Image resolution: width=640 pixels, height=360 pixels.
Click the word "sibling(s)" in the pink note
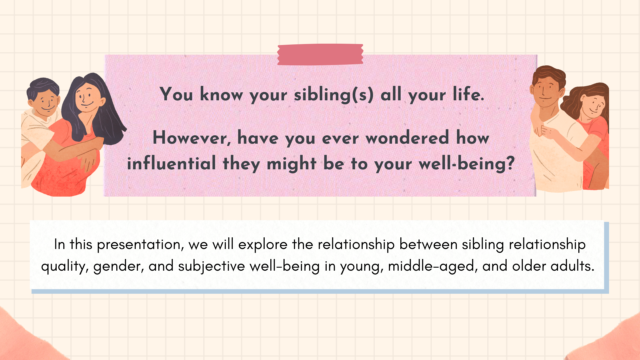point(334,95)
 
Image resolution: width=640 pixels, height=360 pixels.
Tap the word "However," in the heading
point(192,138)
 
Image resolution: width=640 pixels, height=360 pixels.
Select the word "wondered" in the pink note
point(407,138)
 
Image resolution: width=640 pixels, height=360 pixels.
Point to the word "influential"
point(172,163)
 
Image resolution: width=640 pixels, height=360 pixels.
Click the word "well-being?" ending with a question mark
point(467,164)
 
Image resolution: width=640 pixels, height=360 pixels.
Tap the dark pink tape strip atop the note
point(320,54)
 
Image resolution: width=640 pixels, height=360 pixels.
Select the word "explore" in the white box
point(263,245)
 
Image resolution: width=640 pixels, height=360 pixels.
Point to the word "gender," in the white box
point(119,267)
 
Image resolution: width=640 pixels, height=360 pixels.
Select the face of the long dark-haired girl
point(87,97)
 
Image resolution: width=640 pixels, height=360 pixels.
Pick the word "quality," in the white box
point(65,267)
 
